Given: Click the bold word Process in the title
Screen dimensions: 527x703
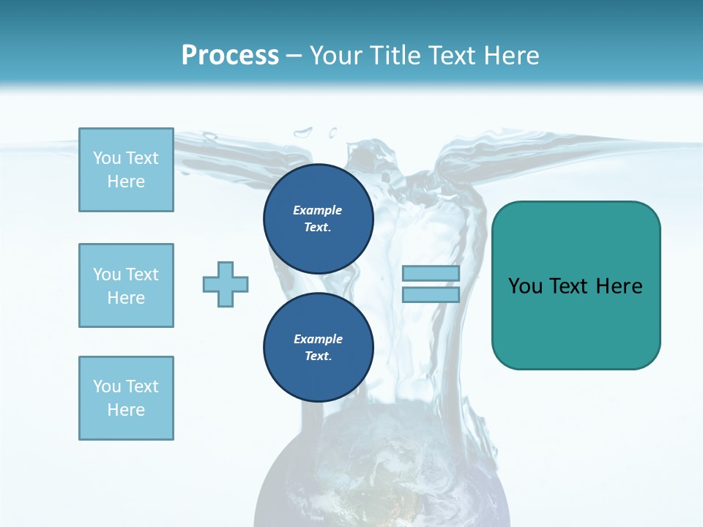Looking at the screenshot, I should point(230,56).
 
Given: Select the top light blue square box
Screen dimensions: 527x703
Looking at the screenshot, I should point(126,170).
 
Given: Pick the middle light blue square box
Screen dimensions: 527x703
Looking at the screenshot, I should point(126,285).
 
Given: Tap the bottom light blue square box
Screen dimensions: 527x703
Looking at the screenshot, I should point(126,398).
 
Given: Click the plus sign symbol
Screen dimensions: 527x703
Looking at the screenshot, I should point(226,284).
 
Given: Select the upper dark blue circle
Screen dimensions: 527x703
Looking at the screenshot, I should point(318,219).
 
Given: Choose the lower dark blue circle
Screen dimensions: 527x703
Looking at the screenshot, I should point(318,348).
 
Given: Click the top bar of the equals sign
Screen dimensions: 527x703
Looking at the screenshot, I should point(431,274).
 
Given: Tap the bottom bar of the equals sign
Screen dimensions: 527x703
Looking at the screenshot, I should point(431,295).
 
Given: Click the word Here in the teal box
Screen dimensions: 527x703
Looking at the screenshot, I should point(619,286).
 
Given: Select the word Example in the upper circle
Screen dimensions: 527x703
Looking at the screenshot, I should point(318,211).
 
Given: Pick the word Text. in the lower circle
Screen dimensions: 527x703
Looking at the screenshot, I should point(318,356).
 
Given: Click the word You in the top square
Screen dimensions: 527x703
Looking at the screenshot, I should point(106,158).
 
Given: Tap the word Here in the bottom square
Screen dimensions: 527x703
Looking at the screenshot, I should point(126,410).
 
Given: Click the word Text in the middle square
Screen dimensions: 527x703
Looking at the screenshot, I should point(141,274).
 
